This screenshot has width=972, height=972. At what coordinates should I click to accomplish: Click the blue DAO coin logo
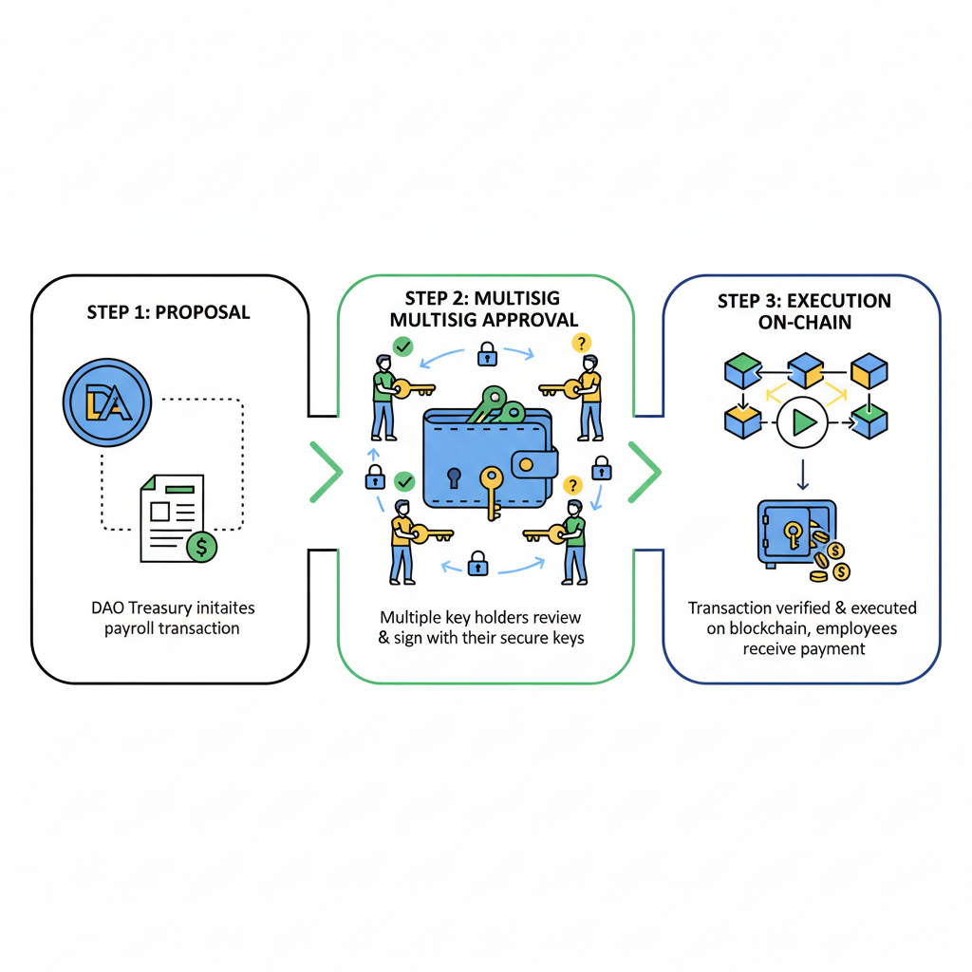106,402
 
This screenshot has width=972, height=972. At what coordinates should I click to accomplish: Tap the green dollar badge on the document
200,546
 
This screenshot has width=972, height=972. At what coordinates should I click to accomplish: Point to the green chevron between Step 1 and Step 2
326,471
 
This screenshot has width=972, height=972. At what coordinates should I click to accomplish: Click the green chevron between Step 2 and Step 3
645,471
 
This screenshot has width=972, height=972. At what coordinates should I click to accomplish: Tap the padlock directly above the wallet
486,357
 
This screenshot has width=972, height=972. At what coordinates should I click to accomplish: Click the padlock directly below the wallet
477,563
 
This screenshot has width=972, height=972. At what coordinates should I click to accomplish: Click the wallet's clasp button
534,464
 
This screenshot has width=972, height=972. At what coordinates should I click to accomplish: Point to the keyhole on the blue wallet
454,475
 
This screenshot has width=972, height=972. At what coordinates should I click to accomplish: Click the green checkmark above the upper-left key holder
403,346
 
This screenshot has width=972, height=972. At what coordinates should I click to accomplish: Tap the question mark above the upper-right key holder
576,344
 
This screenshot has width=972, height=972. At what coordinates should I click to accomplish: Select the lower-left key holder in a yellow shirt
402,541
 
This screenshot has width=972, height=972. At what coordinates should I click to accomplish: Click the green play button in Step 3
802,422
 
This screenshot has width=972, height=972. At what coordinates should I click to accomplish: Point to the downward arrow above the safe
802,472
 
